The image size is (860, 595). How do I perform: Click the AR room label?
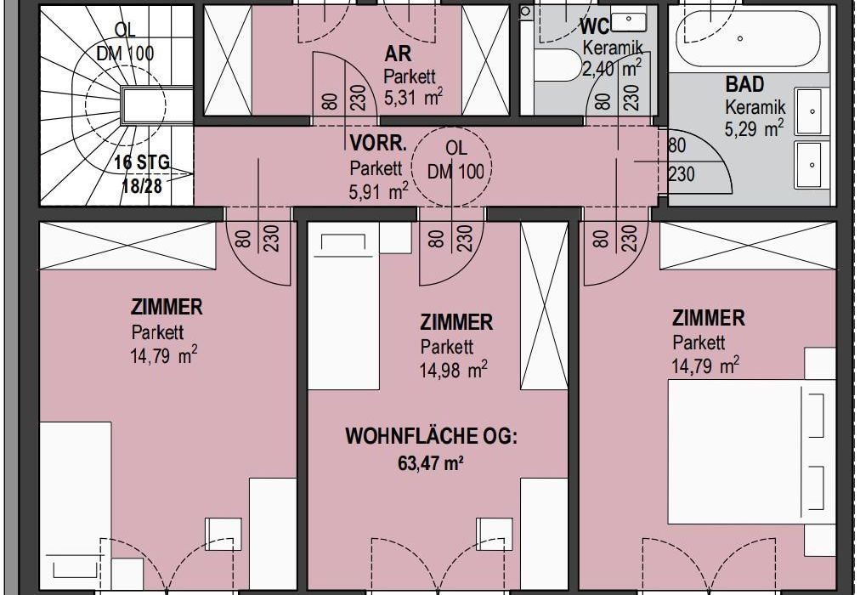pos(398,54)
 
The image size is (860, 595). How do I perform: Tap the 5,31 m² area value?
pos(413,98)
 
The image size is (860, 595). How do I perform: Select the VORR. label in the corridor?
pos(378,144)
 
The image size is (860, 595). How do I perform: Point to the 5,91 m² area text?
pos(378,191)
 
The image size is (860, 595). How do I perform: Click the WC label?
pos(595,25)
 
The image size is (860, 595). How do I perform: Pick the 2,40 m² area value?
pos(610,69)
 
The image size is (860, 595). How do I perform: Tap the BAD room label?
pos(744,84)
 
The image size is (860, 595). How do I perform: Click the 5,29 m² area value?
pos(754,129)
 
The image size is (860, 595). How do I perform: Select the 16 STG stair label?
pos(142,163)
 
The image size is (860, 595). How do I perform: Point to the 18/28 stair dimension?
pos(142,186)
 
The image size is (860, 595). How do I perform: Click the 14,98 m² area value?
pos(454,370)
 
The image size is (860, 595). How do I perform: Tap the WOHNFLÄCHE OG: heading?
pos(431,437)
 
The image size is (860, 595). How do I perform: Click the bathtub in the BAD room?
pos(749,38)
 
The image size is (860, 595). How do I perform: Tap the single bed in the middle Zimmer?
pos(344,311)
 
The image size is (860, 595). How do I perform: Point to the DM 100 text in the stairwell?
pos(126,54)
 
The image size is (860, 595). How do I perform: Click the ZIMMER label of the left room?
pos(167,307)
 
